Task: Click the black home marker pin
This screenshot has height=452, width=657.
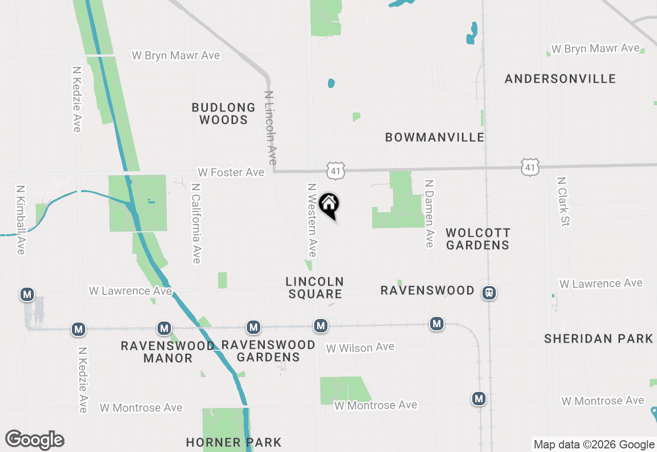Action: coord(329,205)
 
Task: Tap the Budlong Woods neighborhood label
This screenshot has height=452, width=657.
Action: coord(223,114)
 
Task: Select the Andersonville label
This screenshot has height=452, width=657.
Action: coord(560,79)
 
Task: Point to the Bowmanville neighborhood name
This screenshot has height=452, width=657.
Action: coord(435,137)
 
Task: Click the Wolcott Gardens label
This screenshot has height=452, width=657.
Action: coord(477,239)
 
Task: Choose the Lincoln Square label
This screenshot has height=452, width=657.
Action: coord(315,288)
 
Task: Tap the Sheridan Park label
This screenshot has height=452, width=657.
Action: coord(598,338)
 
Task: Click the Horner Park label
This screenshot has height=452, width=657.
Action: coord(234,442)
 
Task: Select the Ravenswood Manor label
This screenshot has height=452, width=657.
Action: coord(168,352)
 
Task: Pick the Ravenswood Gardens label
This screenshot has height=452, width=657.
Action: coord(268,351)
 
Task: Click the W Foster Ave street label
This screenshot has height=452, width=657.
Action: coord(231,173)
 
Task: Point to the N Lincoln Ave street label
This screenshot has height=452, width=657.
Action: coord(270,127)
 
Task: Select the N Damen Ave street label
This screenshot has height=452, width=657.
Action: coord(430,213)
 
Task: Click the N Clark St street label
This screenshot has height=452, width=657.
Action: coord(563,202)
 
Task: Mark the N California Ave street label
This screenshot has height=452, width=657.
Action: coord(196,223)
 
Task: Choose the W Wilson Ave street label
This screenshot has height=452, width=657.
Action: coord(360,348)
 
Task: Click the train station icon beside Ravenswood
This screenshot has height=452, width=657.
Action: coord(489,293)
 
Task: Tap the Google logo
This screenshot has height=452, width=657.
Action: coord(35,440)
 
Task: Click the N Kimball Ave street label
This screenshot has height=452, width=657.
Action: coord(21,220)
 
